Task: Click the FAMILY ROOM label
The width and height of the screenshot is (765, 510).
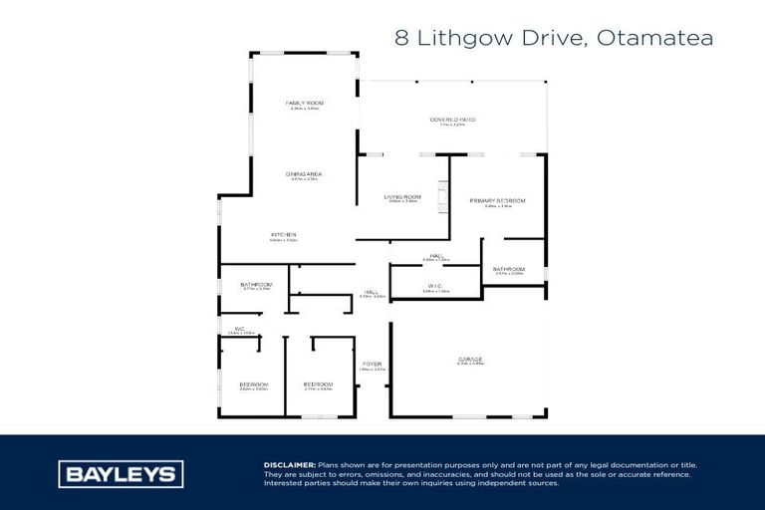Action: [305, 104]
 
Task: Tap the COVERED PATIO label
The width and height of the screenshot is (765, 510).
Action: [452, 120]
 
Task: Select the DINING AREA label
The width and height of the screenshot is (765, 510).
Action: [305, 174]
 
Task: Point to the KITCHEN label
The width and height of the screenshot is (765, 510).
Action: [284, 235]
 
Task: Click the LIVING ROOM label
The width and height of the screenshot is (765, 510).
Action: [403, 197]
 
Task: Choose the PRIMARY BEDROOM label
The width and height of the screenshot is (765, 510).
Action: [497, 201]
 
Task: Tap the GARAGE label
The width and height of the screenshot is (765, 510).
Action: [470, 359]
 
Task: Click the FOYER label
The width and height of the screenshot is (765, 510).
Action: [372, 364]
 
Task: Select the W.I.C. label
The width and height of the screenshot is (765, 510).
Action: [435, 286]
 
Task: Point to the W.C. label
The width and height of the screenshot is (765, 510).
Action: [240, 329]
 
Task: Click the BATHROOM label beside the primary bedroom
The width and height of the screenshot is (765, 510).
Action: [508, 268]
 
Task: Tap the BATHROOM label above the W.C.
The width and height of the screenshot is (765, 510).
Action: [256, 285]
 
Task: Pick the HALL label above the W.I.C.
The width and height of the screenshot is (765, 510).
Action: [436, 256]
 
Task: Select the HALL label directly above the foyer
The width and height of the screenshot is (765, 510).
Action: [372, 293]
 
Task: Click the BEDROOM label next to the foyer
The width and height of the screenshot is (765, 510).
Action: [318, 384]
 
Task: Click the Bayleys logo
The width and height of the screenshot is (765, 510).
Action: [119, 474]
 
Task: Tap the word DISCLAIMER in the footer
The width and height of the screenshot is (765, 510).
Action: [290, 465]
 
